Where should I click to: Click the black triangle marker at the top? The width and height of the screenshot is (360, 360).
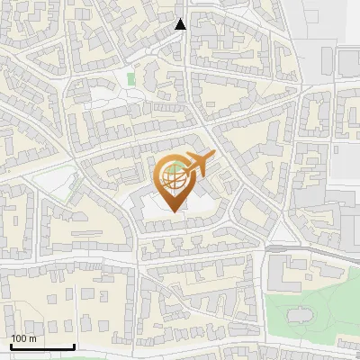[181, 24]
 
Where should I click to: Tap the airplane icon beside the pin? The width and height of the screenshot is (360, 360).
[198, 165]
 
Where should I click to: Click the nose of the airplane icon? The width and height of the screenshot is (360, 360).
[213, 156]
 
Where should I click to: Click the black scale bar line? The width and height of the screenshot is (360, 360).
[41, 346]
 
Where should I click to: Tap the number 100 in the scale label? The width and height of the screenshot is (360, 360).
[20, 338]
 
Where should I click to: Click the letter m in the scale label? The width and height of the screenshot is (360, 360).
[32, 339]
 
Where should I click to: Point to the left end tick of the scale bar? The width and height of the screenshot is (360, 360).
[10, 345]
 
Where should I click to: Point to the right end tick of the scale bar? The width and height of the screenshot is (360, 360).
[74, 345]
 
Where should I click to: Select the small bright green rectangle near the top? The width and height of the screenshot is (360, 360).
[131, 79]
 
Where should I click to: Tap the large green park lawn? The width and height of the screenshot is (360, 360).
[315, 297]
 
